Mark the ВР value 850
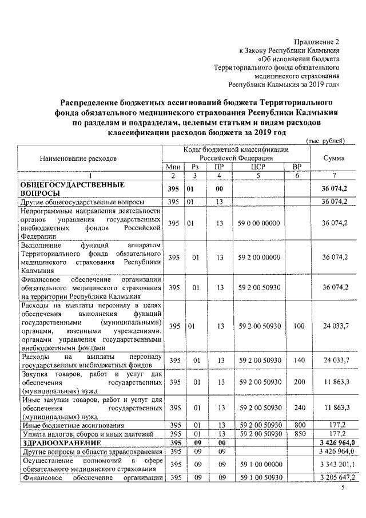click(296, 434)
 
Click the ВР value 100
click(296, 326)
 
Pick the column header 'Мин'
click(173, 167)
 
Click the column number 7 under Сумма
click(333, 175)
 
